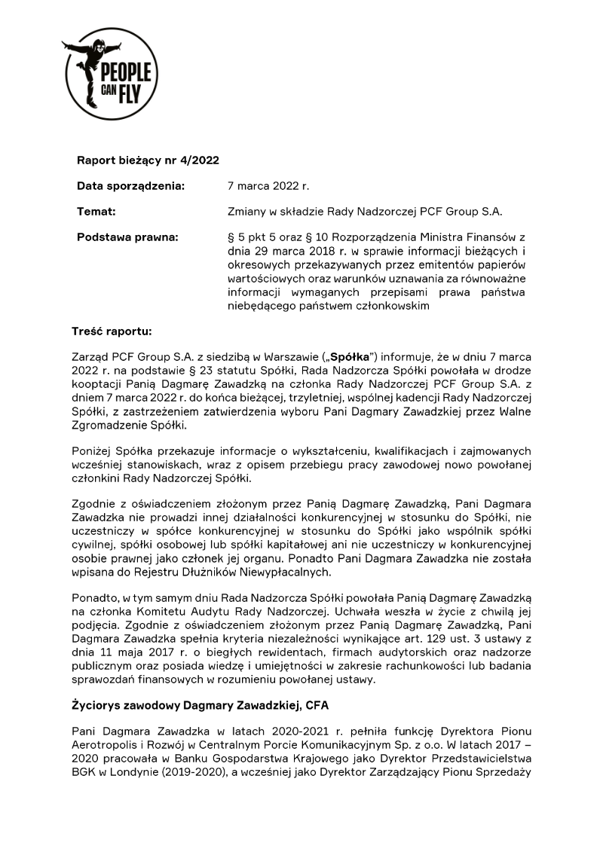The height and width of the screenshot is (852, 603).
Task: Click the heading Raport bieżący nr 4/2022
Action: [148, 160]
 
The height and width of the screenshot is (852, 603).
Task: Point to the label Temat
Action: [96, 212]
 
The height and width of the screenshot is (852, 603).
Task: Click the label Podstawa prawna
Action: [127, 238]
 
